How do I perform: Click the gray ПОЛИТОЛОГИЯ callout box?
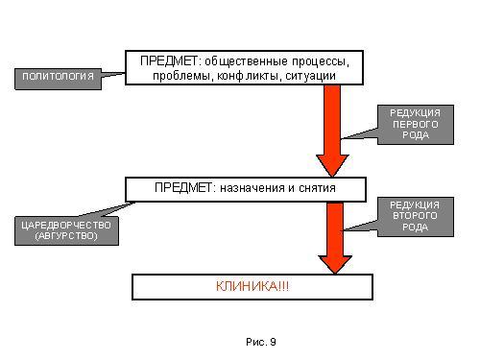58,79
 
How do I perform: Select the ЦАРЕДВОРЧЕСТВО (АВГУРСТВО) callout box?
66,230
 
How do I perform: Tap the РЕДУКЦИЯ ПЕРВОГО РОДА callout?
416,125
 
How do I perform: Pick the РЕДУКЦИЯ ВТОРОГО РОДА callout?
416,217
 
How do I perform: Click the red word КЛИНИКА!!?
252,286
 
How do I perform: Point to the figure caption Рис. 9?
261,342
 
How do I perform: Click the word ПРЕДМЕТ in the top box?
169,60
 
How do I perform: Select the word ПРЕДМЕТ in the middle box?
183,187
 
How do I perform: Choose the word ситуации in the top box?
310,76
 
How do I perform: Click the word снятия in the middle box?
317,188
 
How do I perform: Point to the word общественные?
246,61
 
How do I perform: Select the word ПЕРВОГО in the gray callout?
416,124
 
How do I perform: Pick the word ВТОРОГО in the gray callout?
415,216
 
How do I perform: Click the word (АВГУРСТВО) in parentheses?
66,236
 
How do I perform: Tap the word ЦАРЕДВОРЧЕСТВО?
66,226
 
